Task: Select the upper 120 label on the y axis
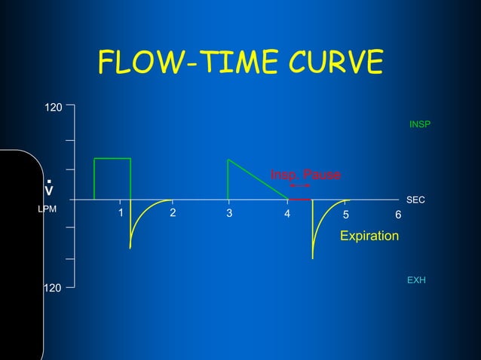tap(52, 109)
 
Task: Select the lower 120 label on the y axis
tap(52, 288)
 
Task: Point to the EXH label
tap(416, 280)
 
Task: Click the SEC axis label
tap(416, 200)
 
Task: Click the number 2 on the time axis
tap(173, 212)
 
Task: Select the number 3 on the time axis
tap(229, 214)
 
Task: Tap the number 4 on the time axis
tap(287, 214)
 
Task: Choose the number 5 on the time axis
tap(345, 215)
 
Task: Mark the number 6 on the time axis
tap(399, 215)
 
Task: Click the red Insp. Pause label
tap(305, 175)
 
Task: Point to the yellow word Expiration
tap(369, 236)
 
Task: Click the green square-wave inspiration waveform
tap(112, 159)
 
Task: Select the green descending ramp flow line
tap(258, 179)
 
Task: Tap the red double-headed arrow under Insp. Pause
tap(300, 185)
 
